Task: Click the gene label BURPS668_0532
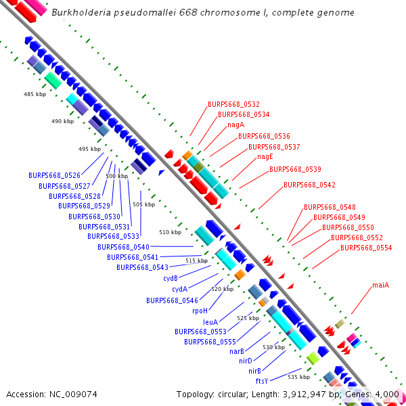[233, 104]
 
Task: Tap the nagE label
[265, 157]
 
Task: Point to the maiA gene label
[380, 285]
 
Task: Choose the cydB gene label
[171, 278]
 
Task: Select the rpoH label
[200, 311]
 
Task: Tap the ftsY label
[262, 381]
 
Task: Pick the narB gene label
[237, 351]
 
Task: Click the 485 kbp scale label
[33, 94]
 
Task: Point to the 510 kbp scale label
[171, 232]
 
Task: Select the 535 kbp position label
[298, 376]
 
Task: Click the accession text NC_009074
[51, 394]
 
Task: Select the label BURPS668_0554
[365, 248]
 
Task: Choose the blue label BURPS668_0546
[172, 300]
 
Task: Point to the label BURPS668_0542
[309, 185]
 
